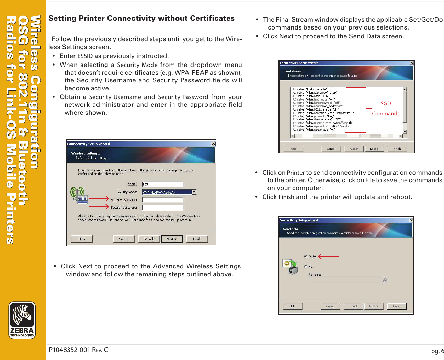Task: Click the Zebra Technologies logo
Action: click(x=22, y=320)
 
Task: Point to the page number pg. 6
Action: click(x=437, y=351)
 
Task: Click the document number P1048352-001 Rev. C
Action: click(x=78, y=350)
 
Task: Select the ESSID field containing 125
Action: click(x=162, y=184)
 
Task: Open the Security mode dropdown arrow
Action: click(x=194, y=192)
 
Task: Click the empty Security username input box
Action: click(x=162, y=200)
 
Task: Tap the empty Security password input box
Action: click(x=162, y=207)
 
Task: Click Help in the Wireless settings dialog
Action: click(x=82, y=239)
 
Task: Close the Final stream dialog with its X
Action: click(x=412, y=63)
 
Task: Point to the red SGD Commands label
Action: click(x=386, y=108)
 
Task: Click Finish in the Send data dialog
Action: click(x=397, y=306)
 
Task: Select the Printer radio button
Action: click(x=306, y=256)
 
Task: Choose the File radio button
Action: click(x=306, y=267)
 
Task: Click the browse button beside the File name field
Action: click(x=385, y=280)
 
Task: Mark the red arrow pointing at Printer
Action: click(x=328, y=256)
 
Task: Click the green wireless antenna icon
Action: click(x=77, y=193)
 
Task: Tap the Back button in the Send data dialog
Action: click(x=353, y=306)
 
